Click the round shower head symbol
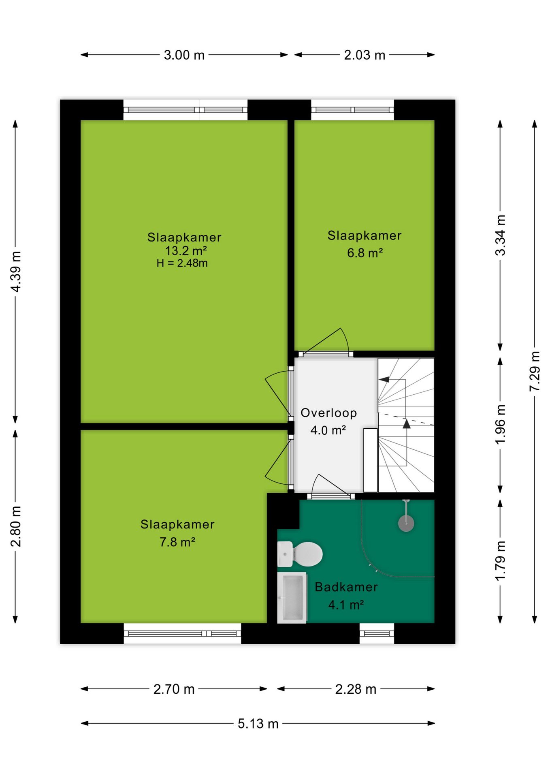(406, 524)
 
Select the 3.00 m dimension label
(184, 55)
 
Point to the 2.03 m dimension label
(365, 55)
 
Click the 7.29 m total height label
(535, 371)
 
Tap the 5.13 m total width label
(258, 723)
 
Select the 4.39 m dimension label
(15, 271)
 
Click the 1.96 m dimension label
(500, 424)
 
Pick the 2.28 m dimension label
(356, 689)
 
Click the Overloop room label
(328, 413)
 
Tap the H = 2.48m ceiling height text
(182, 263)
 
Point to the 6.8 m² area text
(365, 253)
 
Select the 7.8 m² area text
(177, 542)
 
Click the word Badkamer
(346, 587)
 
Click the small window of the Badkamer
(377, 634)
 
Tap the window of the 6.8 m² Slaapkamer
(352, 110)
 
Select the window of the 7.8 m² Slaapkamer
(182, 634)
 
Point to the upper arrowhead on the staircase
(384, 380)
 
